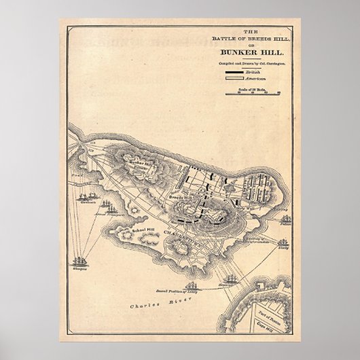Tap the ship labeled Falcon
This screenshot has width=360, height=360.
tap(286, 219)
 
